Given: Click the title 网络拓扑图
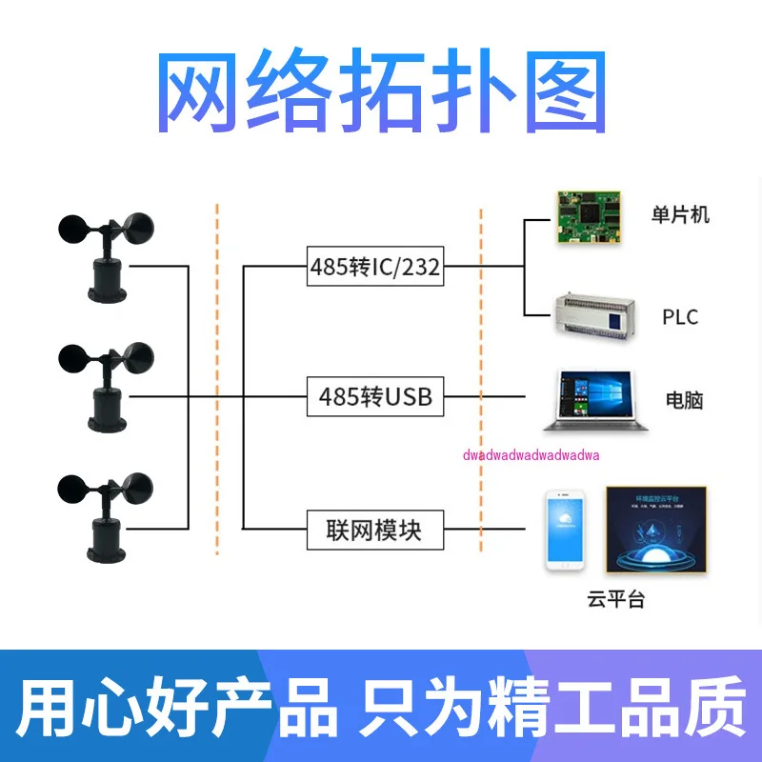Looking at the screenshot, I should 381,92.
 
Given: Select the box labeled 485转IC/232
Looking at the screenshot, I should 375,268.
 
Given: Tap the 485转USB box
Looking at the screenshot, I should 375,396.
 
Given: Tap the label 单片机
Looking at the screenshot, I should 680,214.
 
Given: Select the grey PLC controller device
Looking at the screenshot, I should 595,316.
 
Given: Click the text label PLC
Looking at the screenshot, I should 680,316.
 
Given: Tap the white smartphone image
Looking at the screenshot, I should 565,531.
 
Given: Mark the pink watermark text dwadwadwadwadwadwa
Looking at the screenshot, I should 531,454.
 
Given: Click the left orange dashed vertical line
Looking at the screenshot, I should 218,381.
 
